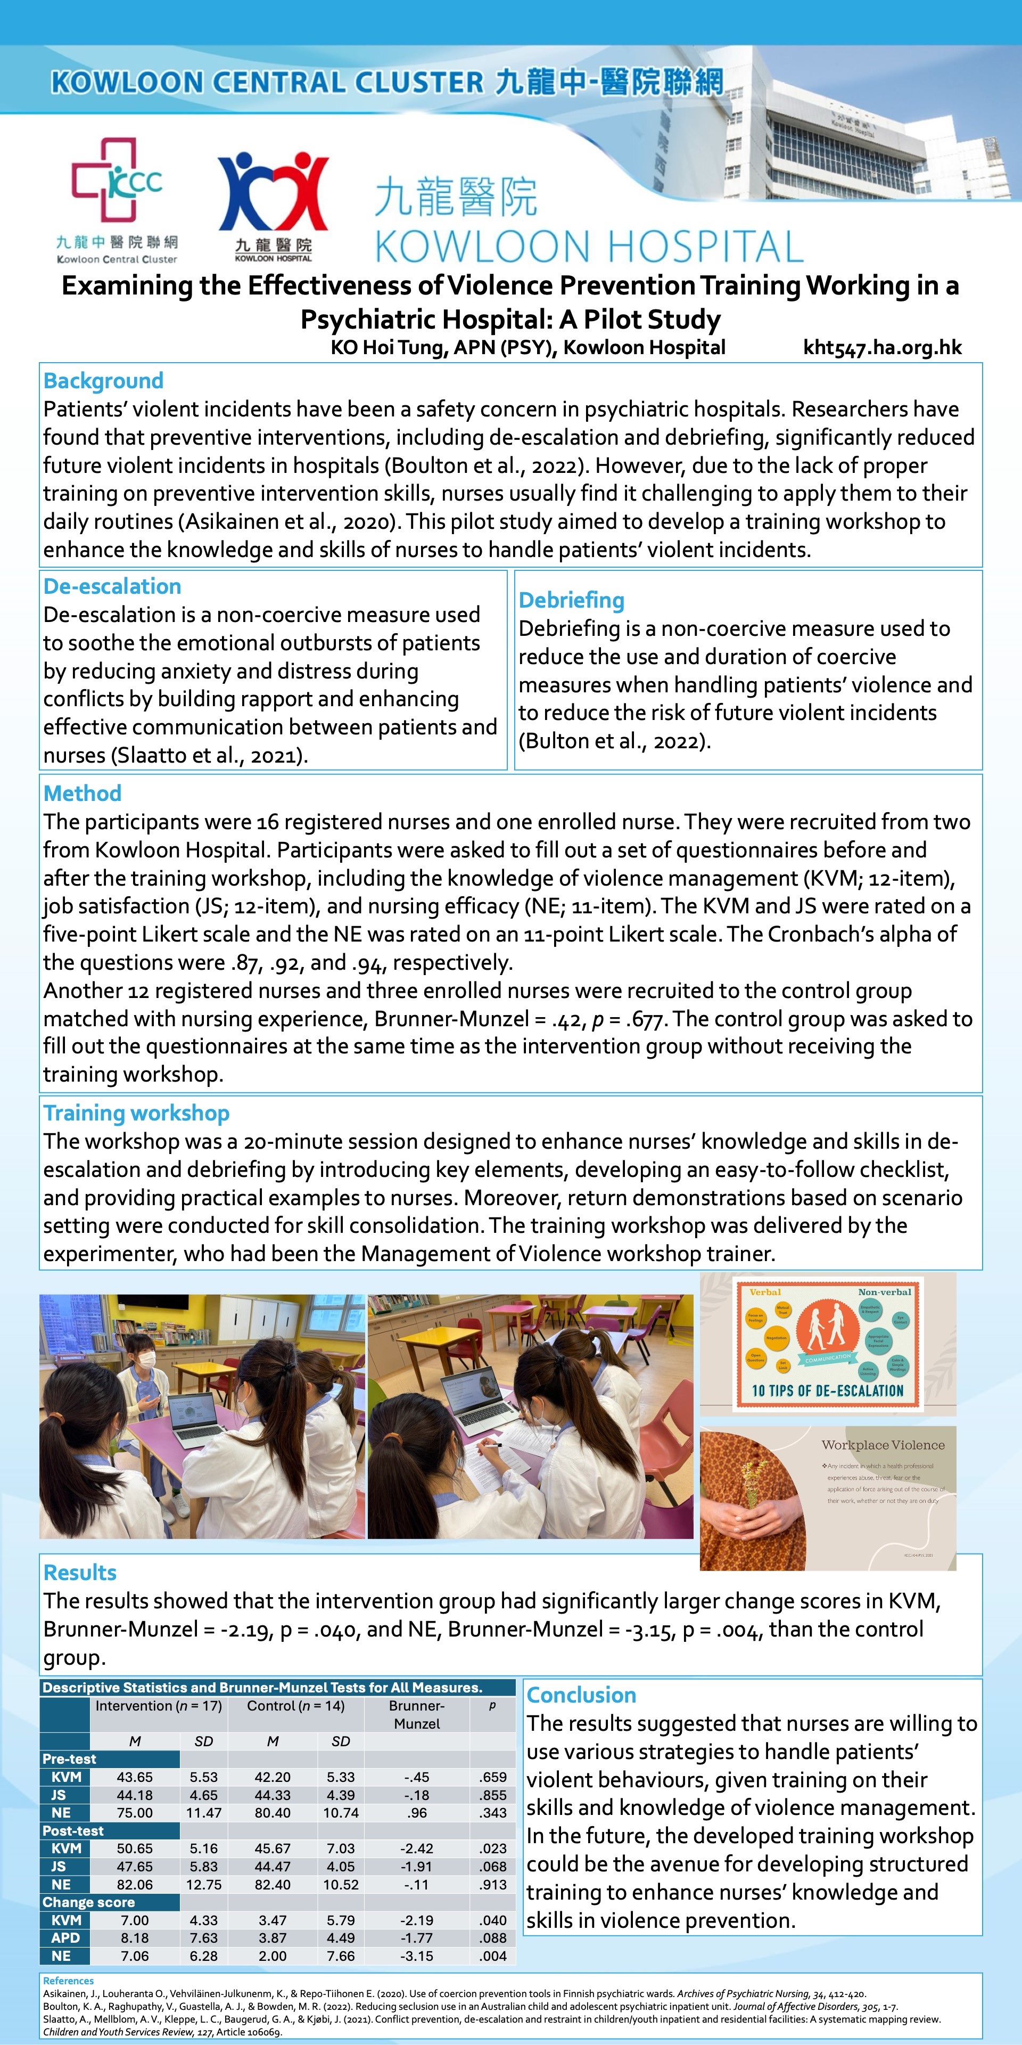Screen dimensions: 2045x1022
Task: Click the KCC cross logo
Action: [x=117, y=181]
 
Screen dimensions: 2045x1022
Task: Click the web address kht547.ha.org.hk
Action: [x=883, y=347]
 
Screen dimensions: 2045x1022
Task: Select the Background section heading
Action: [x=103, y=381]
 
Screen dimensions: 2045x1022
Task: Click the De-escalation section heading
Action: [x=112, y=587]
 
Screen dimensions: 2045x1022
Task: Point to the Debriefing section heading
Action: [x=571, y=600]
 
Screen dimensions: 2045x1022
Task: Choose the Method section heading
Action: [x=83, y=793]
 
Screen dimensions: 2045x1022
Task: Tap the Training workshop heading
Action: [x=136, y=1113]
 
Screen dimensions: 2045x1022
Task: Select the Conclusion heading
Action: [x=582, y=1695]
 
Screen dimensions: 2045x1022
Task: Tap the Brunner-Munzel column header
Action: [x=417, y=1715]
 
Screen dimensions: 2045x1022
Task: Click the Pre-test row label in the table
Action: [x=70, y=1759]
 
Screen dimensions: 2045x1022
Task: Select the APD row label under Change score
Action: [x=66, y=1938]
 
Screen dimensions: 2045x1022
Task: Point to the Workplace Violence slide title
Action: [x=883, y=1445]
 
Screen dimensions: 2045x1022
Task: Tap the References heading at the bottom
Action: [x=68, y=1981]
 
